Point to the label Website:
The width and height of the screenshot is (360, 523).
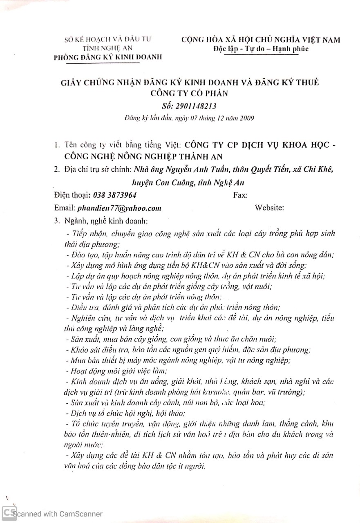tap(269, 208)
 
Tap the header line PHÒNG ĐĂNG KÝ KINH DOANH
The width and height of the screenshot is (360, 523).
tap(108, 57)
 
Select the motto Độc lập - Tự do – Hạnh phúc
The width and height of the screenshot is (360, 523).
tap(261, 49)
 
